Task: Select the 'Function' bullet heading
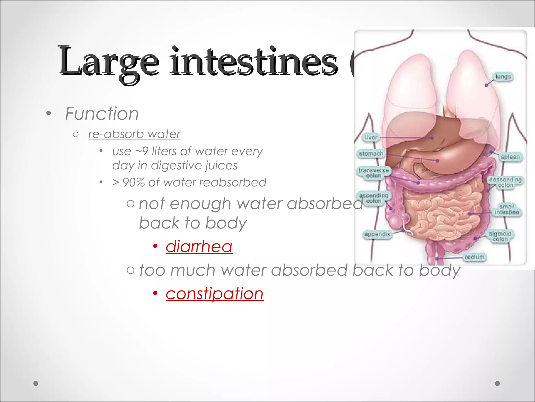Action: click(x=102, y=114)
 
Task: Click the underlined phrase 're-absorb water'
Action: click(x=135, y=134)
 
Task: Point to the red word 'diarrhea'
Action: click(x=199, y=247)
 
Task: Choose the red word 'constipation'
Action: click(x=215, y=293)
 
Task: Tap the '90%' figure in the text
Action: click(x=133, y=182)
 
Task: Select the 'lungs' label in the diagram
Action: click(x=503, y=77)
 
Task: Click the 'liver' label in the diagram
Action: click(x=371, y=137)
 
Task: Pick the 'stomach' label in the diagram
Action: click(x=371, y=154)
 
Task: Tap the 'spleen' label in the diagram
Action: click(x=510, y=157)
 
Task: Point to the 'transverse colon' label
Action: click(x=374, y=173)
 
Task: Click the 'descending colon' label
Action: click(x=505, y=182)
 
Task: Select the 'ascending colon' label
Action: click(x=374, y=198)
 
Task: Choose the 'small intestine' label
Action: click(x=507, y=209)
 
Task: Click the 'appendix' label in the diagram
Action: click(x=377, y=234)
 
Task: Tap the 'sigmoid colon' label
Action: click(x=500, y=236)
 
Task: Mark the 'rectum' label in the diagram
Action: click(x=474, y=257)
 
